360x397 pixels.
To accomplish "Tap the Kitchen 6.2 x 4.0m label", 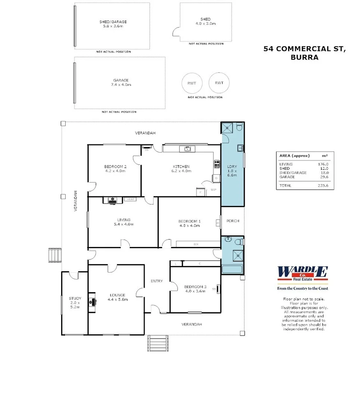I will tap(181, 168).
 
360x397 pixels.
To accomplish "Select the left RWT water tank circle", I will tap(192, 83).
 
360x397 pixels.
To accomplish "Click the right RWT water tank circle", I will tap(219, 83).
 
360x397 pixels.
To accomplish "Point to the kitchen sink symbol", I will tap(187, 149).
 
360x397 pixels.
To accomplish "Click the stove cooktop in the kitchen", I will tap(217, 164).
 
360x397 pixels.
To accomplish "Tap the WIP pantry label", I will tap(213, 189).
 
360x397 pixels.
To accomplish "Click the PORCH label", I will tap(232, 221).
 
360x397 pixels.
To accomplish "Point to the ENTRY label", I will tap(156, 281).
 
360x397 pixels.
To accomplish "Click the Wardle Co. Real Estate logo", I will tap(303, 273).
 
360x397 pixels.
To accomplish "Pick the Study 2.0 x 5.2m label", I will tap(75, 302).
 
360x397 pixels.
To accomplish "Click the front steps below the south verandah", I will tap(158, 343).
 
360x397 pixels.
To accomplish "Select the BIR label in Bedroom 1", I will tap(196, 245).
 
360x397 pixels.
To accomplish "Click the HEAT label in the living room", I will tap(131, 199).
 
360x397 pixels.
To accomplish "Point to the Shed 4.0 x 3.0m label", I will tap(205, 21).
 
